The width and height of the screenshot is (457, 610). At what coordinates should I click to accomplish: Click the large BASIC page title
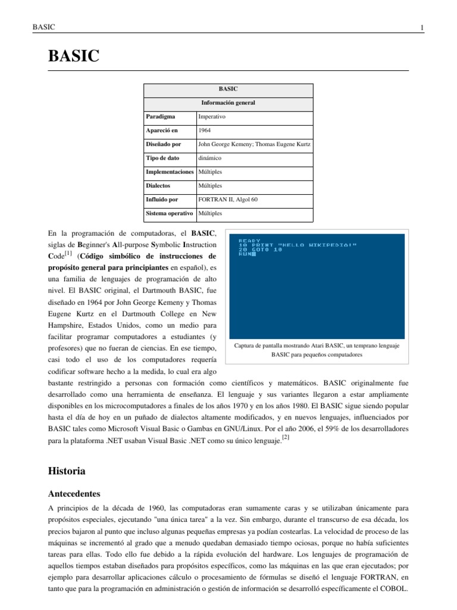73,57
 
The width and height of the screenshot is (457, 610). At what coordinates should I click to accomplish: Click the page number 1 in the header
421,27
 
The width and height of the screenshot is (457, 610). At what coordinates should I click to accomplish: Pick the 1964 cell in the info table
205,130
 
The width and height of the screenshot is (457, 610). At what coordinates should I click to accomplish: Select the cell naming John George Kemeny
253,144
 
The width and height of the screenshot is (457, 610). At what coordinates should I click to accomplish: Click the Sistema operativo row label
170,213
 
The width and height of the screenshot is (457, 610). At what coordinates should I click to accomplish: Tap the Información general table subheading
228,102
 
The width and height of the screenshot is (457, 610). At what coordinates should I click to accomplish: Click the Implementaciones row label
170,172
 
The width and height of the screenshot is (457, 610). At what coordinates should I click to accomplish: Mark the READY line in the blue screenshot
249,240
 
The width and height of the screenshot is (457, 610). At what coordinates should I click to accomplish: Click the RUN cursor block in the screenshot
253,254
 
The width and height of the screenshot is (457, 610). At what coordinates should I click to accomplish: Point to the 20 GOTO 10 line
260,250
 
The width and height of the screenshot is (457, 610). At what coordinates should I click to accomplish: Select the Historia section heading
66,471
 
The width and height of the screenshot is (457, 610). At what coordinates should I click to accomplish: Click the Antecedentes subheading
74,494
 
